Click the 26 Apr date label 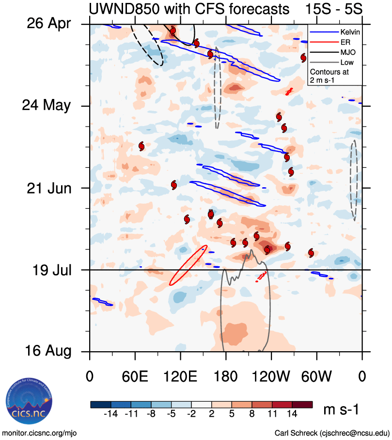pyautogui.click(x=47, y=24)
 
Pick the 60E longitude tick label pyautogui.click(x=135, y=376)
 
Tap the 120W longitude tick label pyautogui.click(x=271, y=376)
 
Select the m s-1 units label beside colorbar pyautogui.click(x=341, y=410)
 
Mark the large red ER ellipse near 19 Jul pyautogui.click(x=188, y=265)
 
